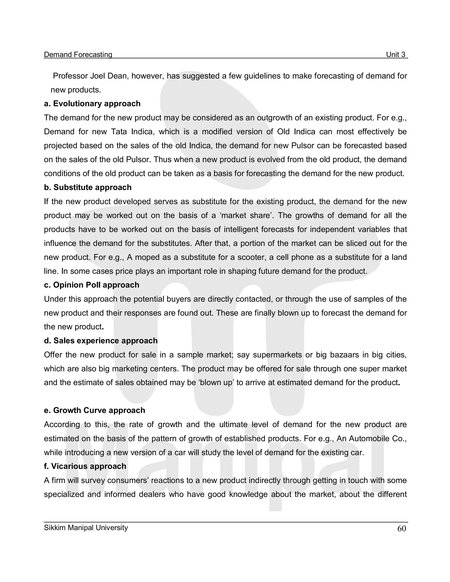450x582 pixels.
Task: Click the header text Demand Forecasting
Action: [x=78, y=55]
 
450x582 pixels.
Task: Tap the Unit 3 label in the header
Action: [x=395, y=55]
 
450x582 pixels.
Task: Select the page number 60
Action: [x=401, y=528]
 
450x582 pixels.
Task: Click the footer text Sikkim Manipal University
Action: [x=86, y=527]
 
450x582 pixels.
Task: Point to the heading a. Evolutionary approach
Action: [x=92, y=104]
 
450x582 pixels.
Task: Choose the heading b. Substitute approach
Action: [x=87, y=187]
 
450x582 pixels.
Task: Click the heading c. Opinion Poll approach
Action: [x=91, y=285]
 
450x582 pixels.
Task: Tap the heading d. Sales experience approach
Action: [x=101, y=341]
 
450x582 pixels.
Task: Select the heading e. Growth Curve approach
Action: [x=94, y=410]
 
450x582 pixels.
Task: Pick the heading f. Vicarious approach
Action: [x=85, y=466]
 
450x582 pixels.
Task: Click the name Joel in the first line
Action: [x=97, y=76]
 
